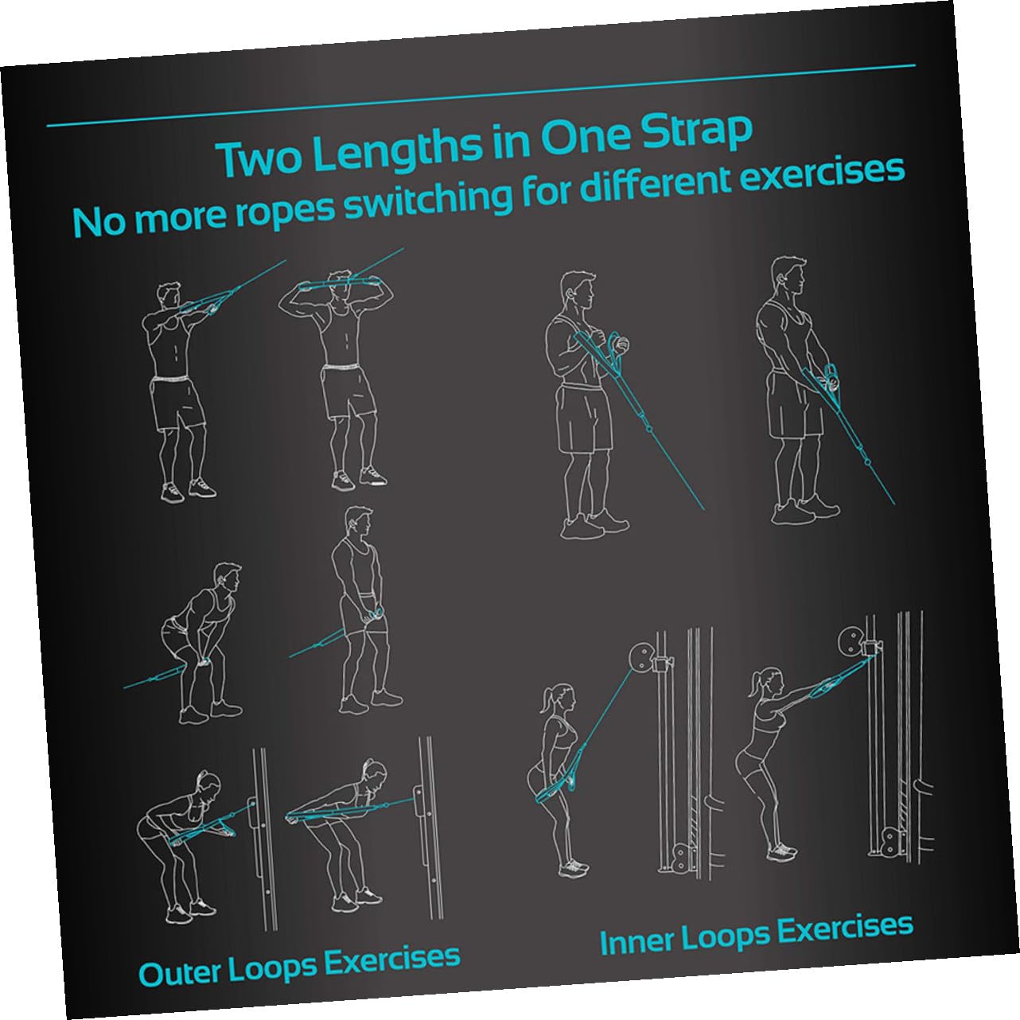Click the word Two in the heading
tap(259, 158)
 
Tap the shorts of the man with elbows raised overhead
tap(348, 391)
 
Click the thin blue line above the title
tap(481, 95)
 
